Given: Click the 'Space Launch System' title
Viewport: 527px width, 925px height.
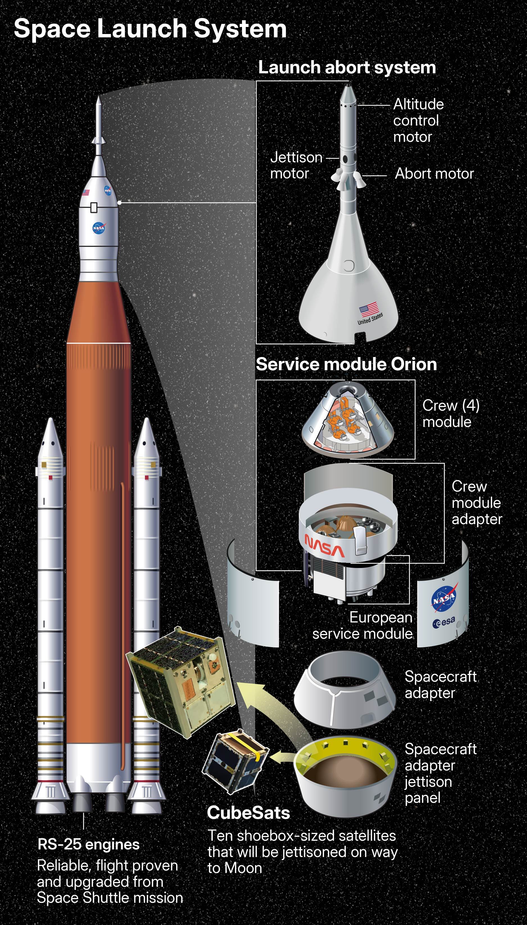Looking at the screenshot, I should (150, 29).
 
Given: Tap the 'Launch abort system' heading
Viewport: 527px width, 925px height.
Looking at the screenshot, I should (347, 68).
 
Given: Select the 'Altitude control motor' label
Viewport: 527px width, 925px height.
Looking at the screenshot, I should (418, 121).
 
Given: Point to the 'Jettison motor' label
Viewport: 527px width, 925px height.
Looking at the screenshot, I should (296, 165).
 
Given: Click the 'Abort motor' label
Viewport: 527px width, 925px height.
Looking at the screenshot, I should (434, 174).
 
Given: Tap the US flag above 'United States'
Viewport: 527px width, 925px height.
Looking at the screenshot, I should (368, 309).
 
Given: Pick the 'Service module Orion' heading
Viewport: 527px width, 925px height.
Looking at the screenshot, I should (346, 364).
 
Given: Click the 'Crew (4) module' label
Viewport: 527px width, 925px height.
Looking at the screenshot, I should (450, 413).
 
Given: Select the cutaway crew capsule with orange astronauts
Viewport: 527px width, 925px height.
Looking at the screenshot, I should (347, 419).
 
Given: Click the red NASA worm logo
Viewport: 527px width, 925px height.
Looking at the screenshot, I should (324, 546).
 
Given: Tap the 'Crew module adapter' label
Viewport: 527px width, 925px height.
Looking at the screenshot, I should (476, 503).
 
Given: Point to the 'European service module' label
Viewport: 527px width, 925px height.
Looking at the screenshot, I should (362, 625).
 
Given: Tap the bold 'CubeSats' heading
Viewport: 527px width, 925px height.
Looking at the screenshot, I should (248, 813).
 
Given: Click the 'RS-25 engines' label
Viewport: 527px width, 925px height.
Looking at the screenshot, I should (88, 844).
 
